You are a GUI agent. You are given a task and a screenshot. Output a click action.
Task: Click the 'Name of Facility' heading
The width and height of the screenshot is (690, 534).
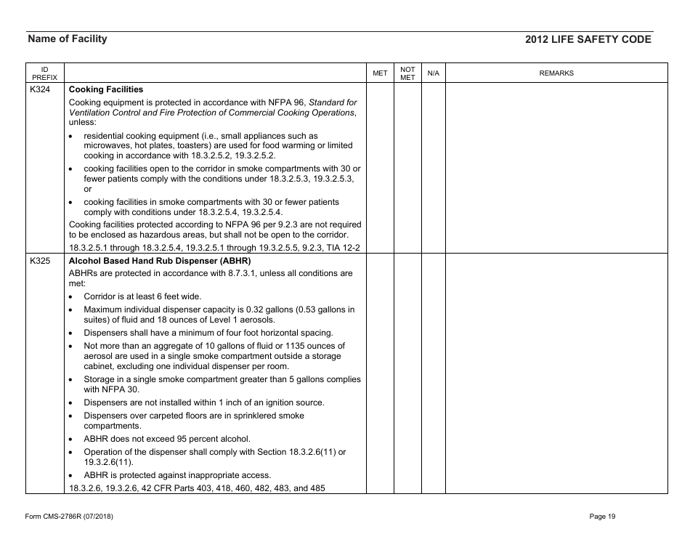point(67,39)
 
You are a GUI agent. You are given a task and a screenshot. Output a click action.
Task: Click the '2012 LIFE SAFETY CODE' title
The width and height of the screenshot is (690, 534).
point(588,40)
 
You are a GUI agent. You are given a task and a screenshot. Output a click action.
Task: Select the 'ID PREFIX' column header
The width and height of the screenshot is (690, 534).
point(39,73)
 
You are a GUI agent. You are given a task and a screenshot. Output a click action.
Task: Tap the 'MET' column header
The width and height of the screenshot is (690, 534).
point(380,73)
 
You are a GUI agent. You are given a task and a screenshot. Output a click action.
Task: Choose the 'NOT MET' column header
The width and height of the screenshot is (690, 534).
point(408,73)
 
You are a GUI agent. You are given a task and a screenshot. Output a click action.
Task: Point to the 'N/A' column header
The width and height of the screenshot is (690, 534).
point(433,73)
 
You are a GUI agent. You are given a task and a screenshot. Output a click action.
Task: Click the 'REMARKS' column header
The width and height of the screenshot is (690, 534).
point(556,73)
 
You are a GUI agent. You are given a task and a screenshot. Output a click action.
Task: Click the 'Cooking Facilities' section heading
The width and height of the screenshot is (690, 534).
point(106,89)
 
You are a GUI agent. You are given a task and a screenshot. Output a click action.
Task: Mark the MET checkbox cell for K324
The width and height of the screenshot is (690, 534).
point(380,167)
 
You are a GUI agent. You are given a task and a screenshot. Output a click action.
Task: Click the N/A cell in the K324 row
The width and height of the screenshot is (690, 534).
point(433,167)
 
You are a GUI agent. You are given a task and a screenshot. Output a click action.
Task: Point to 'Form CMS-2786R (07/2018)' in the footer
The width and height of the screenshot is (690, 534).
point(69,517)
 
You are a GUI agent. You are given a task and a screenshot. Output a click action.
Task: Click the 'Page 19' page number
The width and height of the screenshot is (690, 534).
point(603,517)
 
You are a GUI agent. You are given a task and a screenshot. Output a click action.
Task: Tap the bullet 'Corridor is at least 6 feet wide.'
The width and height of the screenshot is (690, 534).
point(142,296)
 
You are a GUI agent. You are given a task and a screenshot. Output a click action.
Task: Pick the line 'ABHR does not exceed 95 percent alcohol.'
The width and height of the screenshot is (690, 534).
point(166,438)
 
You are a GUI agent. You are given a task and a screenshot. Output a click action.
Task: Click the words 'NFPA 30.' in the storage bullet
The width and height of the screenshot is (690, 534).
point(103,389)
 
